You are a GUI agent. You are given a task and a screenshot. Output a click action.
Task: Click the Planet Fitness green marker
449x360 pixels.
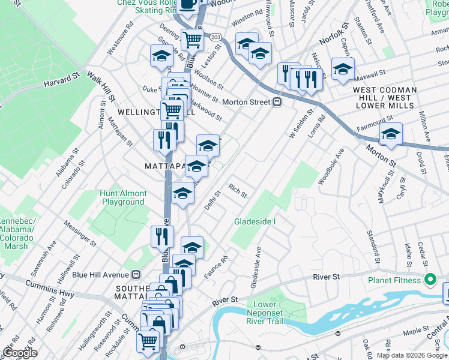430,279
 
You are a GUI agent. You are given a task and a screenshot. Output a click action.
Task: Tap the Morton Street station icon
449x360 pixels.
277,102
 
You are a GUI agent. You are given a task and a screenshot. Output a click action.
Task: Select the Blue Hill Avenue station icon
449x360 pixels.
136,274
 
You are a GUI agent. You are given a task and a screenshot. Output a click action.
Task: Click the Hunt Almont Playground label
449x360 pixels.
123,198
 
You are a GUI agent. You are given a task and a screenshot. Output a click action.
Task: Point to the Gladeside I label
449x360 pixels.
255,222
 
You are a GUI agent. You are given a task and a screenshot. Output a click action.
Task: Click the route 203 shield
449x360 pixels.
216,37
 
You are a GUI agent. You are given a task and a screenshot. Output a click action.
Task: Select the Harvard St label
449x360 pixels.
61,80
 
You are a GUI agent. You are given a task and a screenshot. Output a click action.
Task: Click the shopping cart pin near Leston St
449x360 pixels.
192,40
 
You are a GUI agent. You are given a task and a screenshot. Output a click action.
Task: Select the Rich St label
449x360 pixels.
238,191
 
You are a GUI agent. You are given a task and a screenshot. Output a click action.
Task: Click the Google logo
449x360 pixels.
19,353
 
